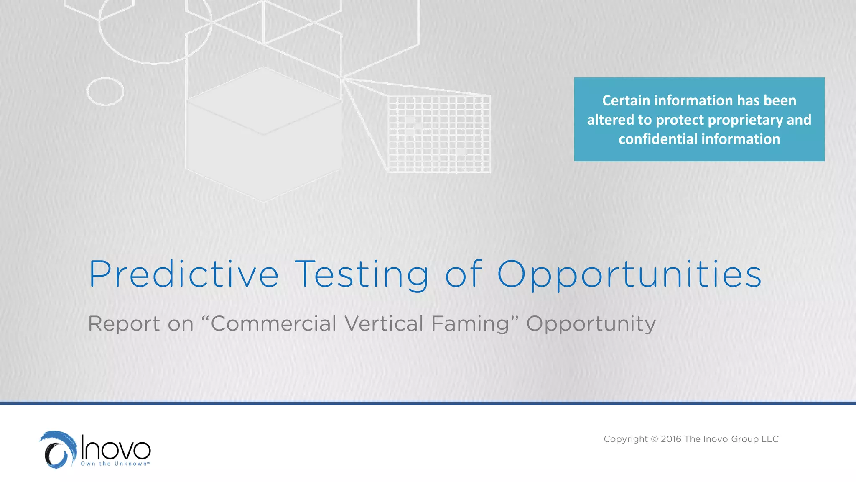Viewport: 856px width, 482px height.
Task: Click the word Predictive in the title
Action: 184,274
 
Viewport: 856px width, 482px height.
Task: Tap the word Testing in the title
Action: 362,274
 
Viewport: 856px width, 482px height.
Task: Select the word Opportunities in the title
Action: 629,274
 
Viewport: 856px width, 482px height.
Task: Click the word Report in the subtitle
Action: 124,323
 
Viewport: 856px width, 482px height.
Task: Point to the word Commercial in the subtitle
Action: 273,323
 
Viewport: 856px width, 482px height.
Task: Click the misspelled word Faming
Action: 470,324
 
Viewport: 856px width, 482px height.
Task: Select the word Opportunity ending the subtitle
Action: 591,324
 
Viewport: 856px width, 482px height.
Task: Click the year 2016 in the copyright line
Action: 671,439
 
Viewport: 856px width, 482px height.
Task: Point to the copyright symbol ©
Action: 655,439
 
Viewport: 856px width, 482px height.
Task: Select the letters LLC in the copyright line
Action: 770,439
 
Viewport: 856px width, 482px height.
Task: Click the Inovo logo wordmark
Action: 115,448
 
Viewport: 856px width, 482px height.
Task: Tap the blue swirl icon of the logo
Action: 59,450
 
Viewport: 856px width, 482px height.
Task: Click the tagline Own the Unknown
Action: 115,464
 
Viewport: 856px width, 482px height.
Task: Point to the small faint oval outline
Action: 105,91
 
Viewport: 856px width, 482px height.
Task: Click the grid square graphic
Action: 439,134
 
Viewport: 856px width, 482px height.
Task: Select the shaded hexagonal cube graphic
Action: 263,134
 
